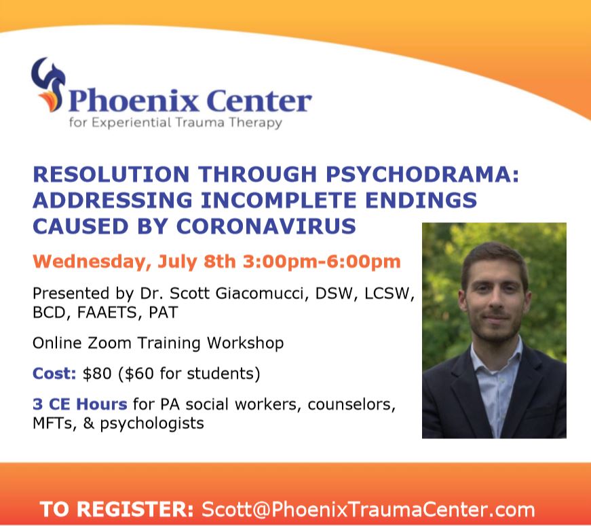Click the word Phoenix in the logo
134,101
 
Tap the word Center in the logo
260,101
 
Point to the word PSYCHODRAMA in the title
422,174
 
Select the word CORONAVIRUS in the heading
266,226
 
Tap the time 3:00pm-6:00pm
322,261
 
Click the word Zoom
110,343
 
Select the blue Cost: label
54,374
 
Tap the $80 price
97,374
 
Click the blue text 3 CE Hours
80,404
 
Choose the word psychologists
152,423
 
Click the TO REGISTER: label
116,510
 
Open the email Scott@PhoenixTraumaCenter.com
368,510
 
